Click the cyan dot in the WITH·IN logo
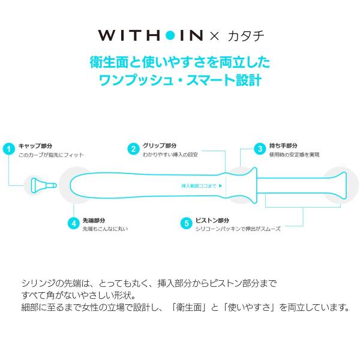pyautogui.click(x=170, y=35)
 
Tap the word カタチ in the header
pyautogui.click(x=246, y=36)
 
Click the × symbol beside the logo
pyautogui.click(x=214, y=36)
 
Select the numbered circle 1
pyautogui.click(x=9, y=149)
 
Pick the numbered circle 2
pyautogui.click(x=133, y=149)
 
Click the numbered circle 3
pyautogui.click(x=260, y=149)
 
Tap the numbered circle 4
pyautogui.click(x=73, y=223)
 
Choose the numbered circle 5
pyautogui.click(x=186, y=223)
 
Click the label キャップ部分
pyautogui.click(x=35, y=146)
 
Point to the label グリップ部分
pyautogui.click(x=160, y=146)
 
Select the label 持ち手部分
pyautogui.click(x=283, y=146)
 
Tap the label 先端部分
pyautogui.click(x=94, y=220)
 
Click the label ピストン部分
pyautogui.click(x=212, y=220)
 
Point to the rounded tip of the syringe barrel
pyautogui.click(x=73, y=185)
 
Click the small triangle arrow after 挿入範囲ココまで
pyautogui.click(x=221, y=186)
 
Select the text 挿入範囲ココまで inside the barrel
pyautogui.click(x=199, y=186)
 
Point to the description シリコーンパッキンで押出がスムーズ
pyautogui.click(x=238, y=229)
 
